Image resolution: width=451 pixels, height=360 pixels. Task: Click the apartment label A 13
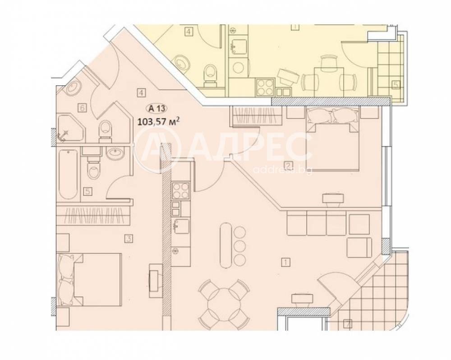click(x=157, y=108)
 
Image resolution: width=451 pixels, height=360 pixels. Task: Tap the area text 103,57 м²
click(x=159, y=121)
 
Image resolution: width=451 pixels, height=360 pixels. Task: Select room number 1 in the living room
click(x=285, y=263)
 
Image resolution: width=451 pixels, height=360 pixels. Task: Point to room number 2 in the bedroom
click(x=288, y=165)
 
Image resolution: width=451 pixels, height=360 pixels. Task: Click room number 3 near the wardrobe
click(x=129, y=238)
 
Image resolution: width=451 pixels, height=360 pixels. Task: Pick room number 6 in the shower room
click(x=82, y=108)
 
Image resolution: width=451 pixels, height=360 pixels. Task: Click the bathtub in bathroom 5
click(x=68, y=174)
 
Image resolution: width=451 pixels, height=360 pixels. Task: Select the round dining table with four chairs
click(x=224, y=304)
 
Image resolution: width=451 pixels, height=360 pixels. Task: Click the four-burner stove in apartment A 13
click(x=181, y=191)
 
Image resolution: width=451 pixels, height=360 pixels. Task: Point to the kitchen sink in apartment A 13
click(x=181, y=224)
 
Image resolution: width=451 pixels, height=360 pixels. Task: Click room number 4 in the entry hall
click(x=141, y=93)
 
